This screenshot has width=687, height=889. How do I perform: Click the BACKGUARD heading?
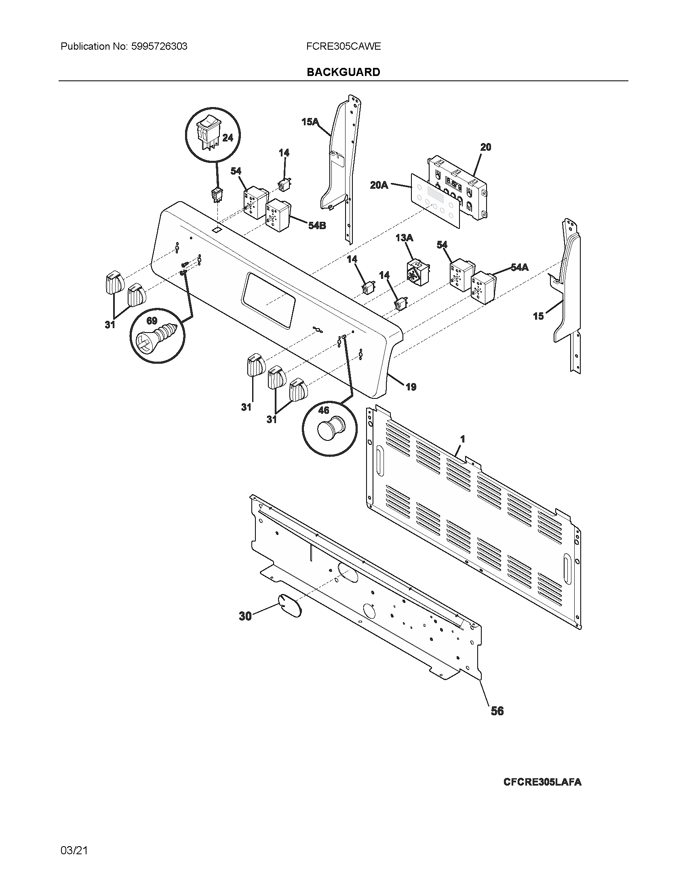click(x=343, y=72)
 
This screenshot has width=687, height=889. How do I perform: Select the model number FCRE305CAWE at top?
click(x=343, y=46)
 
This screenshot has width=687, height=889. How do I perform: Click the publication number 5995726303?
click(x=159, y=46)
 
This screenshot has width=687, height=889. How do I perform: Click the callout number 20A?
click(x=379, y=185)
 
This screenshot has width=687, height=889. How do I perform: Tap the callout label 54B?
click(x=317, y=225)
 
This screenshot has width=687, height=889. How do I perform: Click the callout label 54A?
click(x=519, y=267)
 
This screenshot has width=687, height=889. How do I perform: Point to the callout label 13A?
click(x=404, y=238)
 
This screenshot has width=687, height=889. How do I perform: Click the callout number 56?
click(x=497, y=711)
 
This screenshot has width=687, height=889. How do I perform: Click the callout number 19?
click(x=411, y=387)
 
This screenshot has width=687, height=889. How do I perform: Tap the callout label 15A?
click(x=310, y=121)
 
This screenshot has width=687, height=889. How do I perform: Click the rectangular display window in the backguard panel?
click(x=269, y=300)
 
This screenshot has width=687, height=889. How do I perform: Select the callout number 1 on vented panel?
click(x=462, y=439)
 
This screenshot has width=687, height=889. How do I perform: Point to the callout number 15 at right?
click(x=538, y=316)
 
